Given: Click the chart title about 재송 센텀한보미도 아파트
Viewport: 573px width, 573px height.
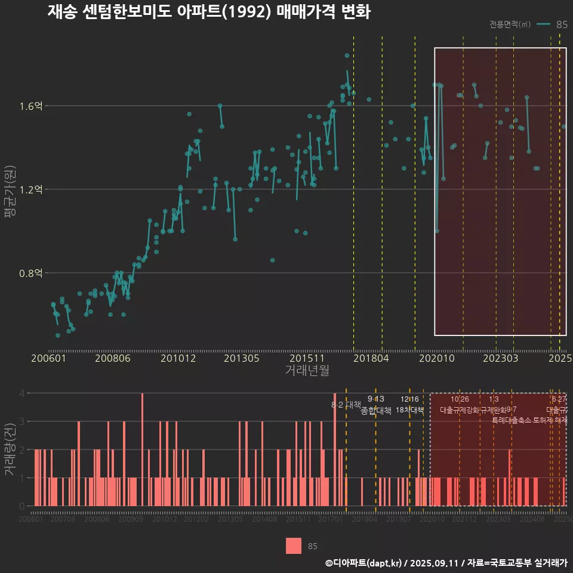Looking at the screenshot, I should [x=209, y=11].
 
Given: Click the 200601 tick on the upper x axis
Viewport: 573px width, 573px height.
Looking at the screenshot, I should [x=48, y=359].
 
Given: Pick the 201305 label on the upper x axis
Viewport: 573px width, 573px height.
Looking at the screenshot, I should [x=241, y=359].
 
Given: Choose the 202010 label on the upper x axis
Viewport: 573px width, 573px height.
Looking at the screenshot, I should [x=434, y=359].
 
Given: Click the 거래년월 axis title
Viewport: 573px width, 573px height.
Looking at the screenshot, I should [x=307, y=371].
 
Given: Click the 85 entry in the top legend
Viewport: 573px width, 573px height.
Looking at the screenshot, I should [x=561, y=24].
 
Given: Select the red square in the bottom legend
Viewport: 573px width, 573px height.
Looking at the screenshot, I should [x=293, y=546].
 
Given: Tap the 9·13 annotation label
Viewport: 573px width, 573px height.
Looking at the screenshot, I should [x=375, y=399].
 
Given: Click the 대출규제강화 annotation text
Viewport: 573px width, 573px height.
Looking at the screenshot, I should [x=460, y=410].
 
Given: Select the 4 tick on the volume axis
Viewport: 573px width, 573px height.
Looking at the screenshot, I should [x=22, y=393].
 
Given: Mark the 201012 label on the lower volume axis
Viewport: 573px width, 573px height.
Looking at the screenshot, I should [x=165, y=520].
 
